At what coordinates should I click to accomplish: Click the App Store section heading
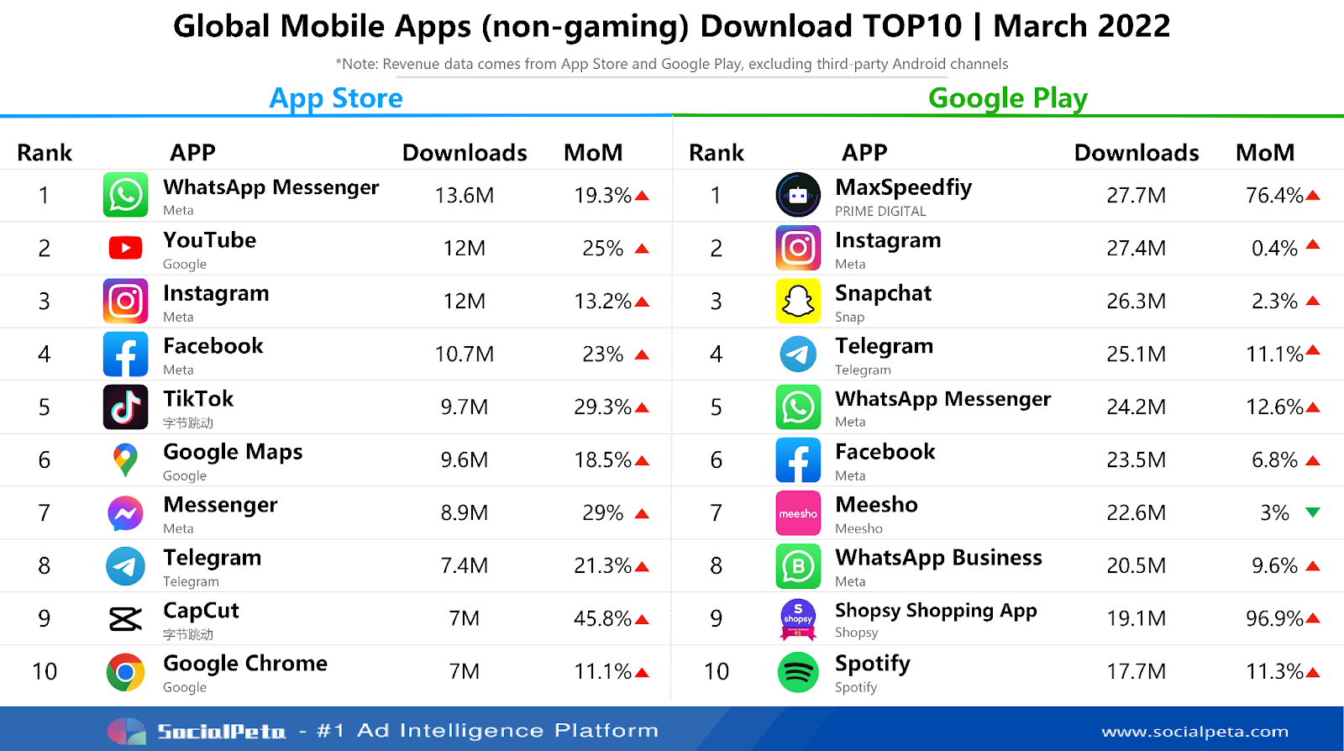coord(336,98)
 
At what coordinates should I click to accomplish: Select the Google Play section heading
coord(1007,98)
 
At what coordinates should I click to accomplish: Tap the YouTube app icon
coord(126,248)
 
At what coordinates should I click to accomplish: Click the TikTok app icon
coord(126,407)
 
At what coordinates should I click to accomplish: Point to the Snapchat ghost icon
coord(798,301)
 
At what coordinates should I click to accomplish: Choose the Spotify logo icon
coord(798,672)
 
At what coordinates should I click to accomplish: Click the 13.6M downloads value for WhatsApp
coord(464,196)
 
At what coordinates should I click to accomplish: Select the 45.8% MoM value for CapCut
coord(602,619)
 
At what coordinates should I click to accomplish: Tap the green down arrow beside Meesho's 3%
coord(1313,512)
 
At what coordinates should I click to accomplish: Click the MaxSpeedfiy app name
coord(903,187)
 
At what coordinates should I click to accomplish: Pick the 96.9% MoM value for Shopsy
coord(1274,619)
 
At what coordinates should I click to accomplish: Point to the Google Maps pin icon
coord(126,460)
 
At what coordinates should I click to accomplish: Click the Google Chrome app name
coord(245,664)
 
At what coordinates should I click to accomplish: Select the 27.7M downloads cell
coord(1136,196)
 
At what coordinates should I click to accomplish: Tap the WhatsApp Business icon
coord(798,566)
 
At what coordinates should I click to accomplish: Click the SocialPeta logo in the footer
coord(197,731)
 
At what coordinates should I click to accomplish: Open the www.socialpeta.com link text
coord(1194,732)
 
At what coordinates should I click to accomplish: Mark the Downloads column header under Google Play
coord(1136,153)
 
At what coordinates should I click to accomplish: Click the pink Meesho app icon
coord(798,513)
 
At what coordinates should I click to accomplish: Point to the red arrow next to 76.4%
coord(1313,196)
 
